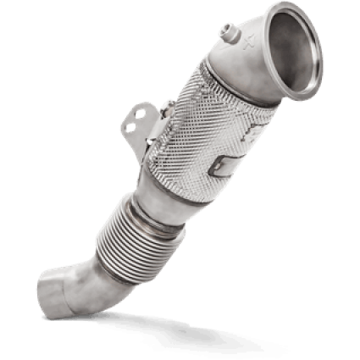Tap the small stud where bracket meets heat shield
coord(170,108)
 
